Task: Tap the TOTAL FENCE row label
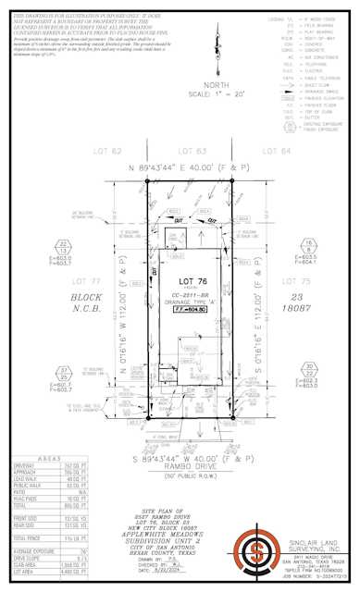27,536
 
